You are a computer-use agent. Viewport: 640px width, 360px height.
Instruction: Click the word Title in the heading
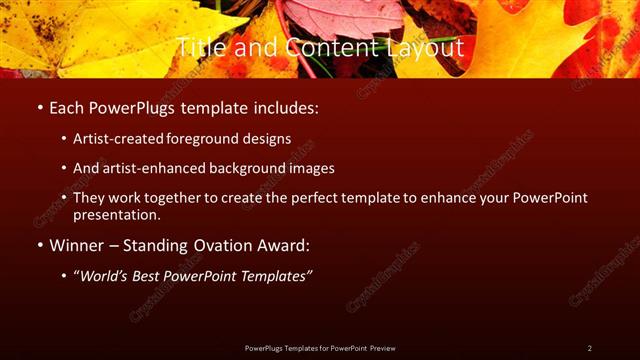[200, 46]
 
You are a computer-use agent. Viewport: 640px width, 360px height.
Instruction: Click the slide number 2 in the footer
[590, 348]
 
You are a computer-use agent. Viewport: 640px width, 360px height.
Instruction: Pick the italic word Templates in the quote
[273, 273]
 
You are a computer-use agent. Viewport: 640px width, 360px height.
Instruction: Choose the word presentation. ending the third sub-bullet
[116, 214]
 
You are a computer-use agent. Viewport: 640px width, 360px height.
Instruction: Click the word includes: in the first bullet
[287, 106]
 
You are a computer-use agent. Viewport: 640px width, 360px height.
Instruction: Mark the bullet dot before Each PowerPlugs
[39, 106]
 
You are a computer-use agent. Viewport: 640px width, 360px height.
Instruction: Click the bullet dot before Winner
[39, 244]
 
